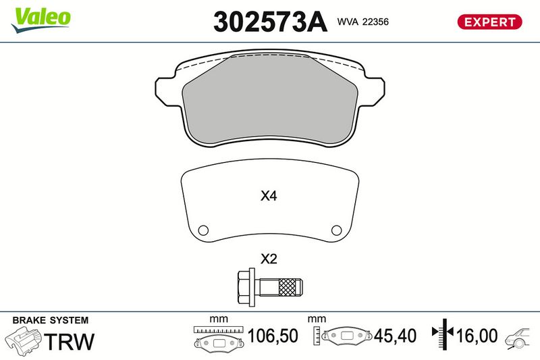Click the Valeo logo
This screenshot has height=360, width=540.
tap(41, 20)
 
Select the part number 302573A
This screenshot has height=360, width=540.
tap(270, 22)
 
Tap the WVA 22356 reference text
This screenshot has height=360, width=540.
tap(363, 22)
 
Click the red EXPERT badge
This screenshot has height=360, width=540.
tap(490, 22)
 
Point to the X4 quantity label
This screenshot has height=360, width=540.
tap(269, 196)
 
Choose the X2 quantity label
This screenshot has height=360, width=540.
tap(269, 259)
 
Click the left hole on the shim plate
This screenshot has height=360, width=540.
tap(203, 230)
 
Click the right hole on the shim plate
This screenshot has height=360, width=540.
tap(336, 230)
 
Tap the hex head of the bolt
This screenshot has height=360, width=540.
tap(246, 287)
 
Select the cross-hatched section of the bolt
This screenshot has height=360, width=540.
tap(287, 287)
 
